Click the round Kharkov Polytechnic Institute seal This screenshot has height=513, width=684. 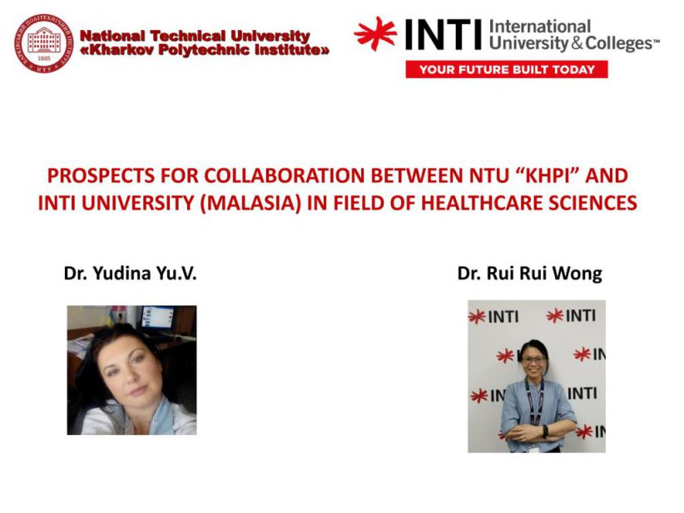(x=43, y=43)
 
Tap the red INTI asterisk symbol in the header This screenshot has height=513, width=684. (x=375, y=34)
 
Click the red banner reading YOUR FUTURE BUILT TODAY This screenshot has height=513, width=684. (x=507, y=69)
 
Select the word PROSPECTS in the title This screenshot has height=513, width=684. (x=101, y=175)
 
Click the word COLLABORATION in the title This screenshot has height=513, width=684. (x=284, y=175)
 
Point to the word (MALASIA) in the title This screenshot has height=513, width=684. (x=250, y=203)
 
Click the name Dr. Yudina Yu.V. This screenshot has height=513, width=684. (x=130, y=274)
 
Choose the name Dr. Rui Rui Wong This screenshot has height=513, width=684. (x=529, y=274)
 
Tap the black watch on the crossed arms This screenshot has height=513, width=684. (x=545, y=432)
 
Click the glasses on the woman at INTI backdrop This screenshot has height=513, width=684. (x=533, y=360)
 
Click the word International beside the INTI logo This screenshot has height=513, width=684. (x=539, y=27)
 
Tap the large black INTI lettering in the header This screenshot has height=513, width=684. (x=444, y=34)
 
